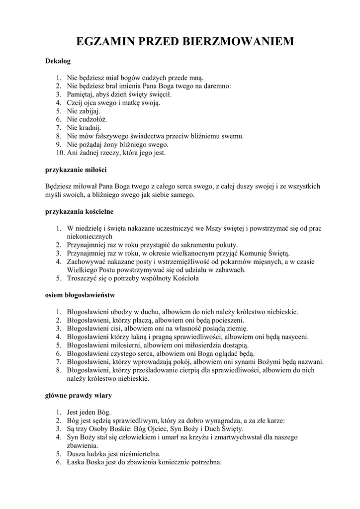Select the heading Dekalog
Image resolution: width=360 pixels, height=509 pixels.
tap(58, 62)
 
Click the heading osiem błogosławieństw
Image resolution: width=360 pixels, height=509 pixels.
tap(80, 295)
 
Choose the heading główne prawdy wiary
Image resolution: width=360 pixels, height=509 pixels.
tap(78, 396)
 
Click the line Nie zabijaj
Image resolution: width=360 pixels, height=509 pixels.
tap(84, 111)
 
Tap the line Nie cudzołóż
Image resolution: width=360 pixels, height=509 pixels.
tap(87, 119)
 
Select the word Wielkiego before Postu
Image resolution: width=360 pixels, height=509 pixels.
tap(82, 270)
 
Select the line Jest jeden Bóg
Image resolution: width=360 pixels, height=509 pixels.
tap(89, 412)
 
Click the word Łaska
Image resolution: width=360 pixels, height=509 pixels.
tap(76, 462)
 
